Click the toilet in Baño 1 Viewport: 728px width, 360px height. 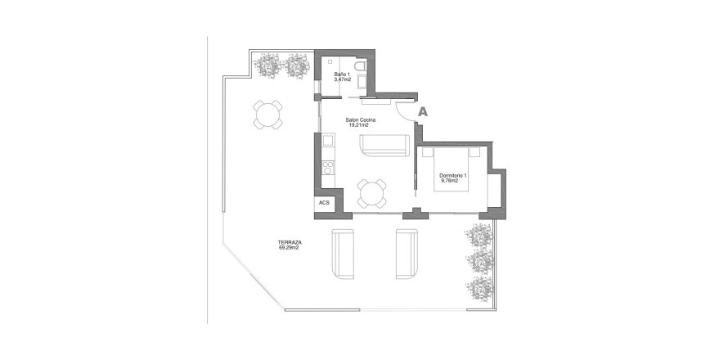(360, 65)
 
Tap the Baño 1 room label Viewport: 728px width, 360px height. (342, 74)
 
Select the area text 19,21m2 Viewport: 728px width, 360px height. (358, 125)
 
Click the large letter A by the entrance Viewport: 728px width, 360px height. (423, 111)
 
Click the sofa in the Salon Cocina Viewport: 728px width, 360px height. (385, 145)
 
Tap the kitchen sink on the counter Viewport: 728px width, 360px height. (329, 140)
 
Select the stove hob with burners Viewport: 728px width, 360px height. (329, 168)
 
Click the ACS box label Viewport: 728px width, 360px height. (324, 203)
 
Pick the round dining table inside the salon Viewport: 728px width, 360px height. (372, 193)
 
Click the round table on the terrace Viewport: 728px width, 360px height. (268, 115)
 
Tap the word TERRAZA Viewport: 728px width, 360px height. (290, 242)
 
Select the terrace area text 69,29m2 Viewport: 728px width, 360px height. (288, 248)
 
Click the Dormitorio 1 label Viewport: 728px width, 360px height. (452, 176)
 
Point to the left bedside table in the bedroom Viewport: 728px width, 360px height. (428, 151)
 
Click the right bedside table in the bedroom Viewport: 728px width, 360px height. (474, 151)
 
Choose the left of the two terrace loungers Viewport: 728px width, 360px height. (343, 254)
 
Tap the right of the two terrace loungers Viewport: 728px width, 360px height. (407, 254)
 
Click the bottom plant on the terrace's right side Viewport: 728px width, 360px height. (479, 289)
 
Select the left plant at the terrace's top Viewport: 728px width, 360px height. (267, 65)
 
